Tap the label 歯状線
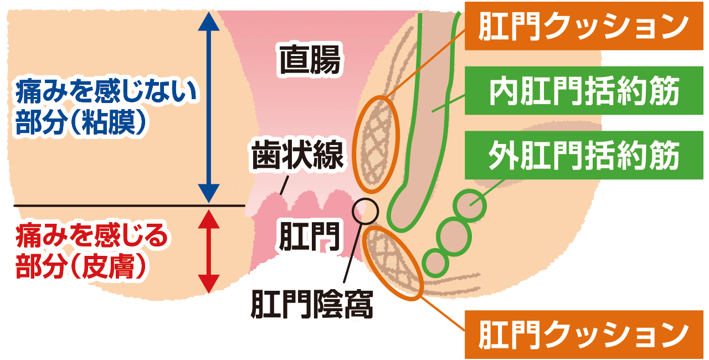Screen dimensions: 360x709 pyautogui.click(x=298, y=156)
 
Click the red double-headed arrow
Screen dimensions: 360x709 pyautogui.click(x=208, y=250)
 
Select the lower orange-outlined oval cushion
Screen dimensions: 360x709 pyautogui.click(x=394, y=262)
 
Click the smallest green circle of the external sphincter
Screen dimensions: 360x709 pyautogui.click(x=436, y=262)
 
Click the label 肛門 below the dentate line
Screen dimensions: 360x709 pyautogui.click(x=309, y=235)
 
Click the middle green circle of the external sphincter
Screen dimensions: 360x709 pyautogui.click(x=453, y=234)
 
